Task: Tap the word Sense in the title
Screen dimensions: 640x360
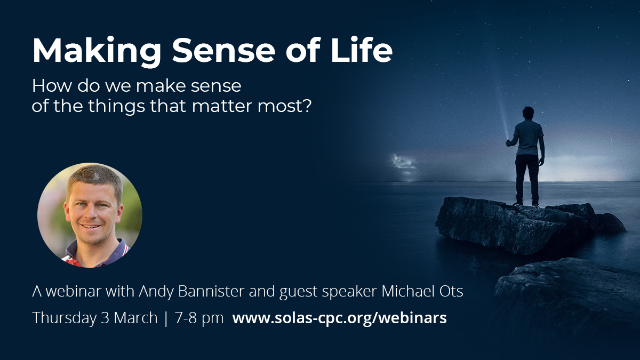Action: (x=223, y=51)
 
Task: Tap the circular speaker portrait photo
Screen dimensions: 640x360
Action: (x=90, y=215)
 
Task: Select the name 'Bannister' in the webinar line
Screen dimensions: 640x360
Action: (x=211, y=291)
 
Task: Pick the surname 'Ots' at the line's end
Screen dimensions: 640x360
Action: (x=452, y=291)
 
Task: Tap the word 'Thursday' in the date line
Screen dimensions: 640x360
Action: (x=65, y=318)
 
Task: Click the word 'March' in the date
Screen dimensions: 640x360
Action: (x=135, y=318)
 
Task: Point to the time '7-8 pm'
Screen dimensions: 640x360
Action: (x=199, y=318)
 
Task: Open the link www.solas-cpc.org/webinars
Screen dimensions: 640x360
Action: (x=339, y=318)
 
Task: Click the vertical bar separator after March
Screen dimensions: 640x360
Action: (x=166, y=318)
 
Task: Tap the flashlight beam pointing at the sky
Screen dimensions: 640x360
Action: (x=502, y=114)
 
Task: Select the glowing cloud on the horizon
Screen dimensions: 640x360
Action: (x=403, y=162)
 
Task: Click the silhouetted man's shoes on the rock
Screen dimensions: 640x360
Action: (x=526, y=205)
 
